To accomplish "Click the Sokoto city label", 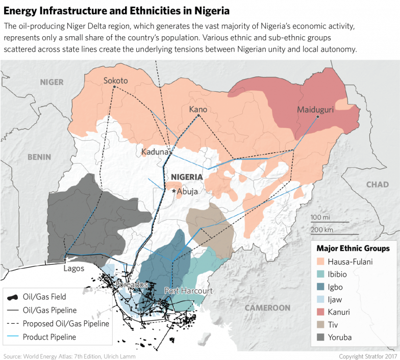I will [x=115, y=81].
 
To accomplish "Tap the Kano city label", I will [x=198, y=109].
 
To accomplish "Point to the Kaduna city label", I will [x=155, y=152].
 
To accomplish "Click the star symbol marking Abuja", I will [x=174, y=191].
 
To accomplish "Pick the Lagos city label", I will [x=74, y=268].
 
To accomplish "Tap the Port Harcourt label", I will [x=188, y=291].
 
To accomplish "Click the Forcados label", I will [x=132, y=284].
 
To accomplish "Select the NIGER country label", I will [x=52, y=82].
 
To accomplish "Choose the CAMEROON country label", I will [x=267, y=308].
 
